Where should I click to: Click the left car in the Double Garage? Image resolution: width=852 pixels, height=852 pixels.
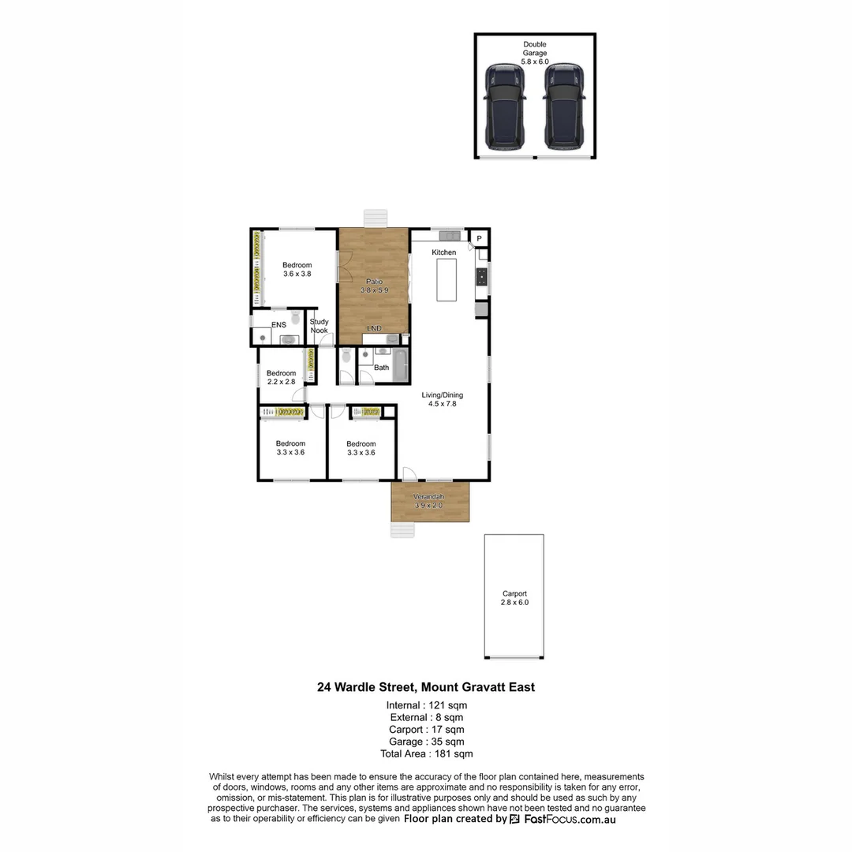pyautogui.click(x=505, y=107)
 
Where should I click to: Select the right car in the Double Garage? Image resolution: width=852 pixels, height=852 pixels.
pyautogui.click(x=564, y=107)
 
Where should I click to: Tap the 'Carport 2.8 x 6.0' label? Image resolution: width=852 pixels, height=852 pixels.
pyautogui.click(x=514, y=598)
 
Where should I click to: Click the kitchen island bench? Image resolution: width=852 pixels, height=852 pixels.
pyautogui.click(x=447, y=279)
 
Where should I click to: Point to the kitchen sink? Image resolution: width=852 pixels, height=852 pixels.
pyautogui.click(x=450, y=235)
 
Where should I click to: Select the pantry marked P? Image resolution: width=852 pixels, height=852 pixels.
pyautogui.click(x=479, y=237)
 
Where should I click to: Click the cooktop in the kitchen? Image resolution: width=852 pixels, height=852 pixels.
pyautogui.click(x=480, y=277)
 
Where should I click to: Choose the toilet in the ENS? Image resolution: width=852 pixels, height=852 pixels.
pyautogui.click(x=295, y=319)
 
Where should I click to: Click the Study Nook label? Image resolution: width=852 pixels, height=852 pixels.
pyautogui.click(x=319, y=326)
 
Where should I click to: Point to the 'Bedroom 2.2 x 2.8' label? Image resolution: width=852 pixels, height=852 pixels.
pyautogui.click(x=281, y=377)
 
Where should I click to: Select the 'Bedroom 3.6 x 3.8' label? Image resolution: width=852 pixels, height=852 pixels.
pyautogui.click(x=297, y=270)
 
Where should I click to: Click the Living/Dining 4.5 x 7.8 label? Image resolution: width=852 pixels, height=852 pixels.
pyautogui.click(x=442, y=399)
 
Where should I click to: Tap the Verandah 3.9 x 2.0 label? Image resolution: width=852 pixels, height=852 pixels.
pyautogui.click(x=429, y=501)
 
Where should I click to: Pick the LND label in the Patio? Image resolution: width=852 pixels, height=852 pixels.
pyautogui.click(x=375, y=328)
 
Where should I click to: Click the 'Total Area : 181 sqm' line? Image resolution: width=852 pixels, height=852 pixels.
pyautogui.click(x=426, y=753)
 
